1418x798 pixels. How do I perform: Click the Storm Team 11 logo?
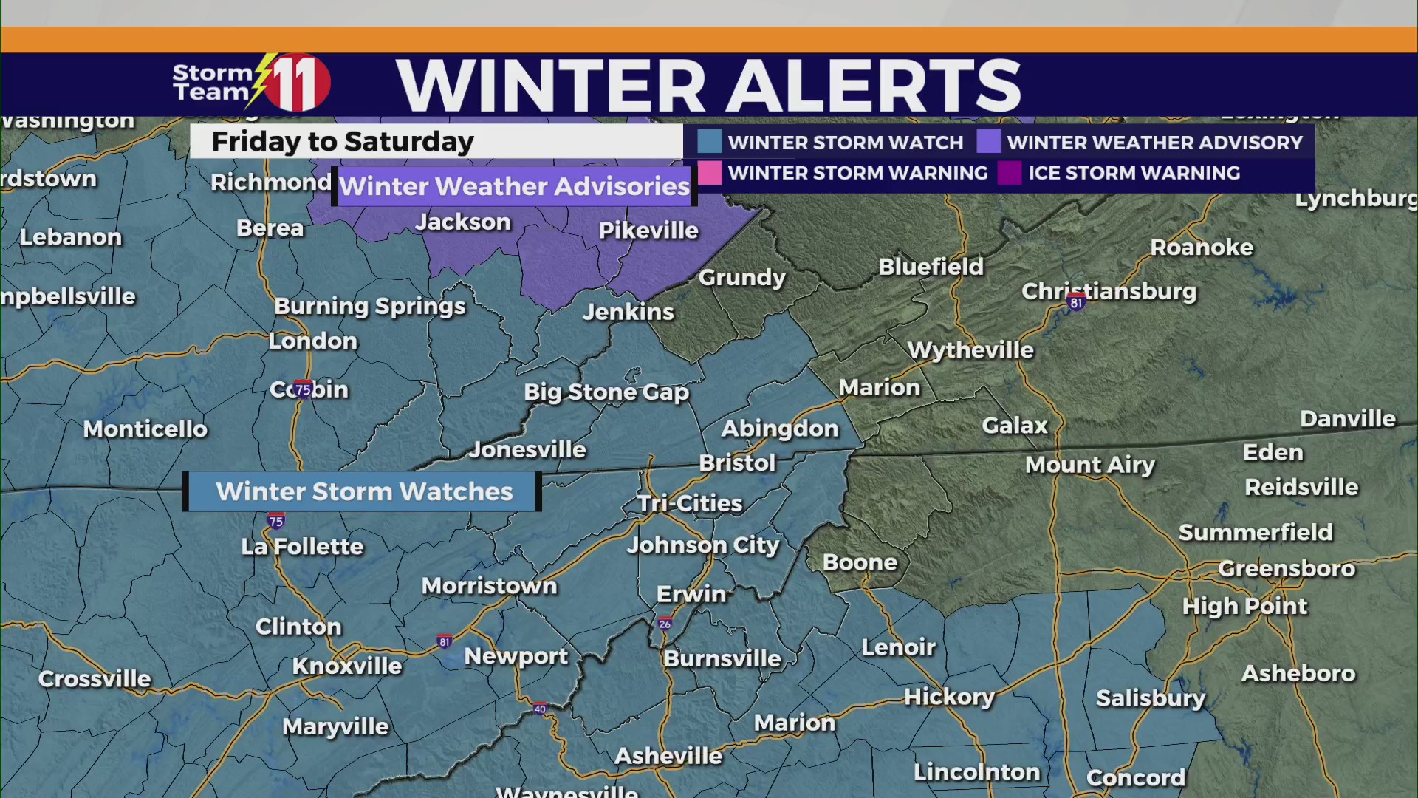click(251, 83)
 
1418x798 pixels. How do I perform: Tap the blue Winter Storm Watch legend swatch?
click(709, 142)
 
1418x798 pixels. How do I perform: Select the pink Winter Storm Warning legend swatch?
click(709, 173)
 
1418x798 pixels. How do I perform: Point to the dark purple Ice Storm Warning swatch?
click(1009, 173)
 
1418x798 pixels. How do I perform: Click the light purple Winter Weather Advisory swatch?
click(988, 142)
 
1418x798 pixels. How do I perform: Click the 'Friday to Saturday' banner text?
click(343, 141)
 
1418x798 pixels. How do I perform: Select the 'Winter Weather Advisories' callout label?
click(514, 186)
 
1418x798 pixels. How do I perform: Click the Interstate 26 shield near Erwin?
click(665, 624)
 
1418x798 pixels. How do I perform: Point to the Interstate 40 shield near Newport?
click(540, 709)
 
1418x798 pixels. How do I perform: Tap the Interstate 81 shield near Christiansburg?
click(1076, 302)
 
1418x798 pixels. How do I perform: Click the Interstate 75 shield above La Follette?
click(276, 522)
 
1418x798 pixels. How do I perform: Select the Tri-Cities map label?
click(690, 503)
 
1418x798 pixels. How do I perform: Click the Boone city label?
click(860, 562)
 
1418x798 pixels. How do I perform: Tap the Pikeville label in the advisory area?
click(648, 231)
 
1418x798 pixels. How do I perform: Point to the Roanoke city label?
click(1202, 248)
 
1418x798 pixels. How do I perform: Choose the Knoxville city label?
click(347, 666)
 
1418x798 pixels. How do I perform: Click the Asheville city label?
click(668, 756)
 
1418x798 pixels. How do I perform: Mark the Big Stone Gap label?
click(606, 392)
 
